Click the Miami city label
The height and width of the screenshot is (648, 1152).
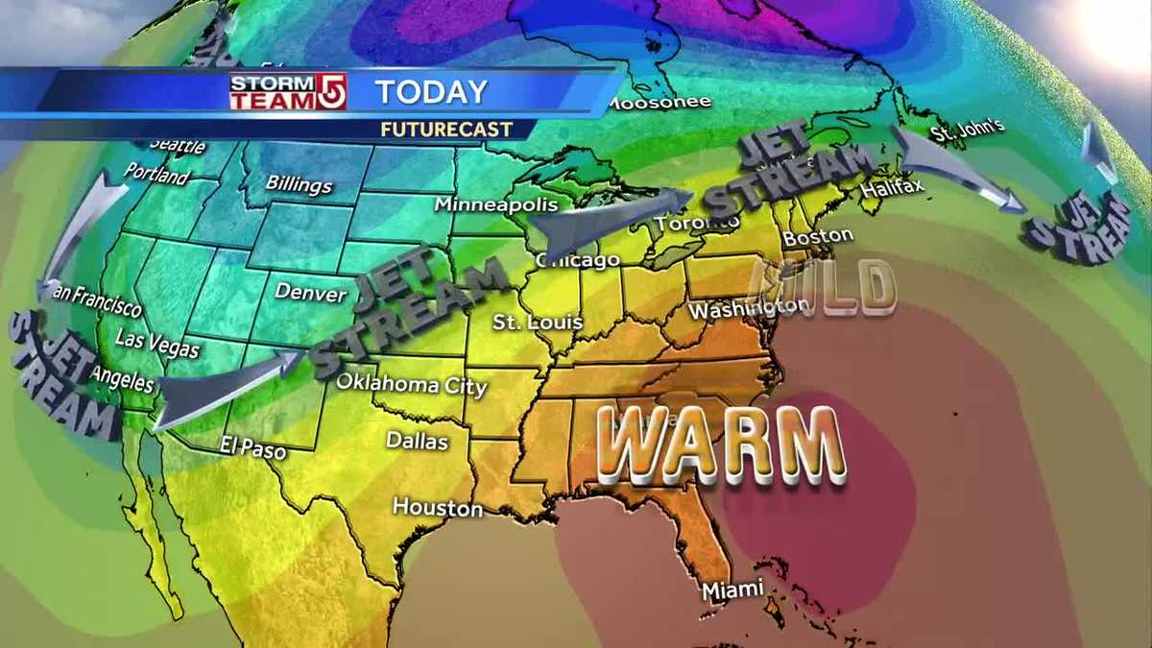[732, 589]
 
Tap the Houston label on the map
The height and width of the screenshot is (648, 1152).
[437, 507]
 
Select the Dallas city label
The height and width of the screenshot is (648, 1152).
[417, 441]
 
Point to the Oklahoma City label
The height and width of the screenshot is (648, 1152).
[411, 383]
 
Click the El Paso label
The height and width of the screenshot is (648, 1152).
[253, 447]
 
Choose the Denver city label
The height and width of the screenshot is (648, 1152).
[310, 292]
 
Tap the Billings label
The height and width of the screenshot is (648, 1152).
[300, 184]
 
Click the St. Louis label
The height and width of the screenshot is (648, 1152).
[538, 322]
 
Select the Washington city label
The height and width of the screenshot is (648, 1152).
[749, 309]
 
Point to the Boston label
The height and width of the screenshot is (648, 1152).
[817, 235]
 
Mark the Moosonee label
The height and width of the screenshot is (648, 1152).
[659, 102]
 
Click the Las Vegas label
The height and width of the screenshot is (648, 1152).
[157, 343]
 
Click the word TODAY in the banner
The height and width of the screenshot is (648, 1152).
[431, 92]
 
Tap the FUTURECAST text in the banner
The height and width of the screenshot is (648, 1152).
[445, 129]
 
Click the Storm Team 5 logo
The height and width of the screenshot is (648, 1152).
[287, 92]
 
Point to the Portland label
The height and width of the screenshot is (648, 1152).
[156, 176]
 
